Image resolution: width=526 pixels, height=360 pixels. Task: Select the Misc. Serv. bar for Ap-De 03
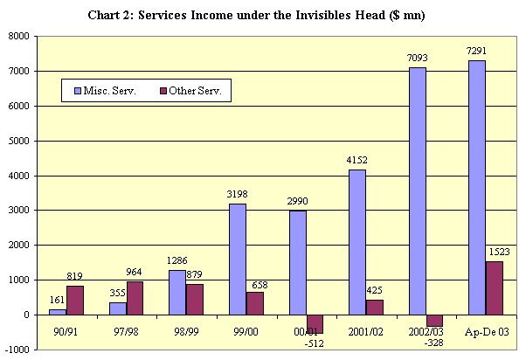click(x=477, y=187)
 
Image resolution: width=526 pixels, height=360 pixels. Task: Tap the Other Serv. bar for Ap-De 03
click(x=495, y=287)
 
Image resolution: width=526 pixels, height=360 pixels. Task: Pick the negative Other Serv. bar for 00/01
click(x=315, y=323)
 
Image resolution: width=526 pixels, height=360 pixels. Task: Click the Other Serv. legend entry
click(x=193, y=91)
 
